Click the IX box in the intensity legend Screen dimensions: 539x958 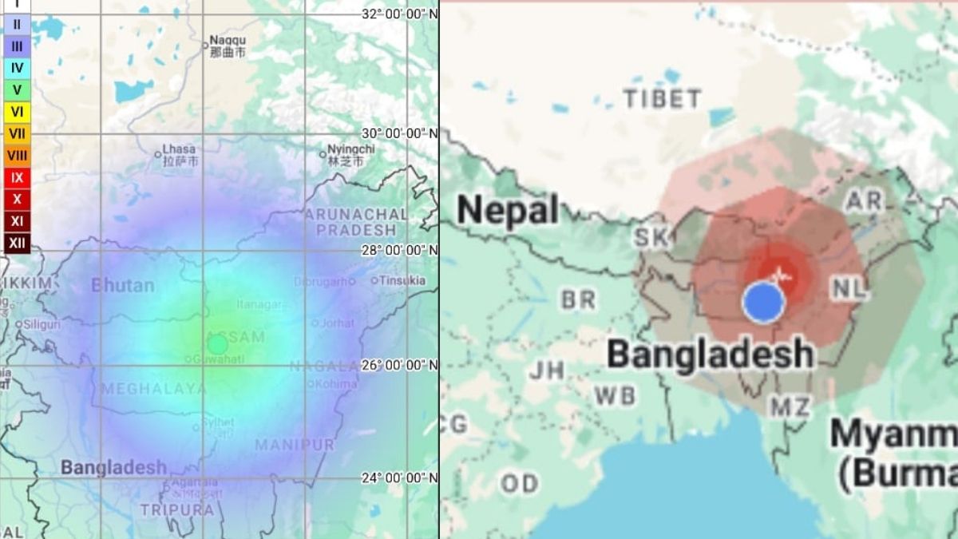coord(17,177)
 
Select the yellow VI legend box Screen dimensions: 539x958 coord(17,112)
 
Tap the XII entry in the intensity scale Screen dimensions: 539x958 coord(17,243)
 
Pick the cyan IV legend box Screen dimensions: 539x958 coord(17,68)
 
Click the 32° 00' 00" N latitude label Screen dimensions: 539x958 coord(400,14)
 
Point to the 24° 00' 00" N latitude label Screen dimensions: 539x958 coord(400,478)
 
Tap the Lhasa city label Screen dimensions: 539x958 coord(178,149)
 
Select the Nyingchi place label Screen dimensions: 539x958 coord(350,149)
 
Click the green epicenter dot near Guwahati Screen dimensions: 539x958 coord(217,344)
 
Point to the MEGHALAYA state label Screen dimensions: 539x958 coord(147,389)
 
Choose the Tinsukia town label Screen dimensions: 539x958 coord(402,280)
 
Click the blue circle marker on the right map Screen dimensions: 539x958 coord(764,302)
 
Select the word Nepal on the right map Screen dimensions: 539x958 coord(508,210)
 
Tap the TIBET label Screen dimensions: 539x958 coord(663,99)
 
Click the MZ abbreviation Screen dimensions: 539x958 coord(790,406)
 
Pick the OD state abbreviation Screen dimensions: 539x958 coord(519,483)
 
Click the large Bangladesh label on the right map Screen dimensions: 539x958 coord(710,354)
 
